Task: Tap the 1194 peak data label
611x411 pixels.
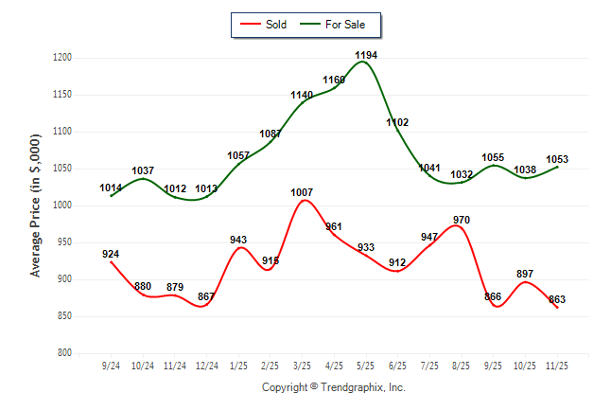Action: pos(366,56)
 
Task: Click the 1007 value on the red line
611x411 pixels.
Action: pos(302,193)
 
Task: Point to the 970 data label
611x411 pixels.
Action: pos(462,221)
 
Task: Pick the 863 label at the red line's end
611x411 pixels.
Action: pos(557,300)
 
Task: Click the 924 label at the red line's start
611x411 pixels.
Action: pos(111,254)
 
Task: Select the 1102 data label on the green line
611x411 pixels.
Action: pos(397,122)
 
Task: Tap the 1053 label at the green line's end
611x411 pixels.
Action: pos(557,159)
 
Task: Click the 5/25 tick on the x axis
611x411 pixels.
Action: pos(366,365)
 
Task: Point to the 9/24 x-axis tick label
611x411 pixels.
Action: pos(111,365)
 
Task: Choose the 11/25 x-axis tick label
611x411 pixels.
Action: pos(557,365)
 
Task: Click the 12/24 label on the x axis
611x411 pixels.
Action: pos(206,365)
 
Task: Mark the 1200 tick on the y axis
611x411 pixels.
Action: pos(62,59)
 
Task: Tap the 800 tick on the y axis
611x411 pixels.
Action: pos(65,353)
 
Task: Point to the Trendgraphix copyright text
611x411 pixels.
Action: pos(333,387)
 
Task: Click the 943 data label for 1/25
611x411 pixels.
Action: pos(238,240)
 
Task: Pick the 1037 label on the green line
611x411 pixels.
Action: pos(143,170)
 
